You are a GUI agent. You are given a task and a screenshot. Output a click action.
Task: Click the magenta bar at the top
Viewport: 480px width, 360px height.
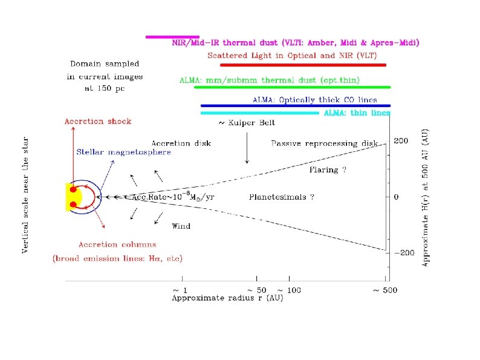tap(172, 37)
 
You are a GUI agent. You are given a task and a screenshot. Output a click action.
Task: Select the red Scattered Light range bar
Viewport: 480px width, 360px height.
tap(302, 64)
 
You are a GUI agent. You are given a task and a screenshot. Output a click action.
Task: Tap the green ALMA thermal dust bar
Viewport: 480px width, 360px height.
tap(292, 87)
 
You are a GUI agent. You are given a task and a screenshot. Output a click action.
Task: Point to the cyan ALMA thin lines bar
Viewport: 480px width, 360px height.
tap(260, 113)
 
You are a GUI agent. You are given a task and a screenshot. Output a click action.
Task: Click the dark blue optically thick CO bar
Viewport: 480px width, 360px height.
tap(296, 106)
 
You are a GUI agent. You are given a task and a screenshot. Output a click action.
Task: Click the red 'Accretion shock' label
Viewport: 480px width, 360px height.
tap(98, 121)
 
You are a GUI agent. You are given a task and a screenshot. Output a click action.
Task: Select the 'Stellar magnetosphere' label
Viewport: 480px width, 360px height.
tap(123, 152)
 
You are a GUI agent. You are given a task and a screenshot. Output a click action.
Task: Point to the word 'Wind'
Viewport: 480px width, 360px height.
tap(181, 226)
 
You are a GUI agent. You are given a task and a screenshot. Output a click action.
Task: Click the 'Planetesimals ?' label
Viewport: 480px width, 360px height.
tap(281, 197)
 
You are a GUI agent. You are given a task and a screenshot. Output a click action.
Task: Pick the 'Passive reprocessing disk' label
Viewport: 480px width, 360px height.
tap(324, 143)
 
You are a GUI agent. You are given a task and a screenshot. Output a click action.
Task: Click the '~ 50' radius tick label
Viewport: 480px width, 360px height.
tap(257, 290)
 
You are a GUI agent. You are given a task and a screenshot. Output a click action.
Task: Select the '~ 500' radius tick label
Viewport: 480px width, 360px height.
tap(384, 290)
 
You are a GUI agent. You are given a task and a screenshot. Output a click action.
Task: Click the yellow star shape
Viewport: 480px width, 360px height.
tap(71, 197)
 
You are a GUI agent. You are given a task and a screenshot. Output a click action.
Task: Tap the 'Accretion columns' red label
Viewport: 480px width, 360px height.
tap(117, 245)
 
